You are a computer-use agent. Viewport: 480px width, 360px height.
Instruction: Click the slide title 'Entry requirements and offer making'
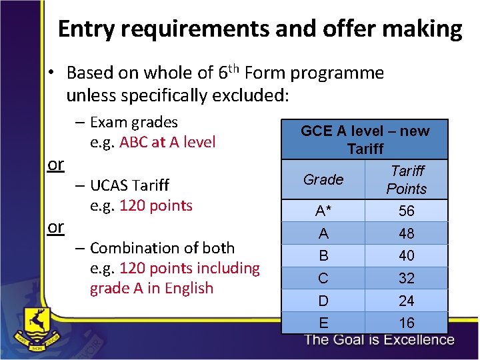coord(259,29)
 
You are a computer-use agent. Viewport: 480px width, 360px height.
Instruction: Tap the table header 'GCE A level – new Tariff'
coord(365,139)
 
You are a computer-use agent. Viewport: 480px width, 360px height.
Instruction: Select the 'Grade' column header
coord(323,179)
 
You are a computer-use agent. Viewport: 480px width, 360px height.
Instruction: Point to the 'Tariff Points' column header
coord(406,180)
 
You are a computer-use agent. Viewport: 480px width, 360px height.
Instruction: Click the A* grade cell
coord(323,211)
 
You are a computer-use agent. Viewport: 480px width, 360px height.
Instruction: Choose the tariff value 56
coord(406,211)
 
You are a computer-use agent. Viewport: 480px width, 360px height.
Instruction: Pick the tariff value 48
coord(406,233)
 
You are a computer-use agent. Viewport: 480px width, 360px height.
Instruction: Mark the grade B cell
coord(323,256)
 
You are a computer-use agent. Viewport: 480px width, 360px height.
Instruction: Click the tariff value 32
coord(406,278)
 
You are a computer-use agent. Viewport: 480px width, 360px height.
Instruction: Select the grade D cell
coord(323,301)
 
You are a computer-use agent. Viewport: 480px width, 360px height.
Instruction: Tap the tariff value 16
coord(406,323)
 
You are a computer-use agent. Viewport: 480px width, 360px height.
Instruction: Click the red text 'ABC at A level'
coord(167,142)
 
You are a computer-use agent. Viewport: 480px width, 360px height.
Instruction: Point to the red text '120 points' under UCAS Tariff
coord(156,205)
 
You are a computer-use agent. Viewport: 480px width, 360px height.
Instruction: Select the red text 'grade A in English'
coord(152,289)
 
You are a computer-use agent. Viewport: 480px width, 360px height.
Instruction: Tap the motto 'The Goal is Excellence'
coord(379,340)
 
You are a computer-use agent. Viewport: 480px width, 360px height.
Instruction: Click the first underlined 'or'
coord(56,164)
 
